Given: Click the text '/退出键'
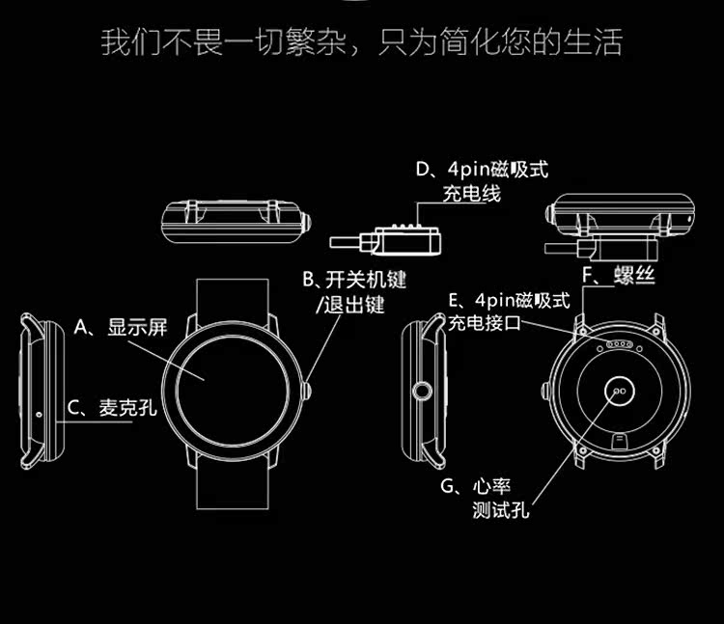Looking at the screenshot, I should pyautogui.click(x=350, y=306).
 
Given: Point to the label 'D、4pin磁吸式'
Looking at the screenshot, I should pyautogui.click(x=482, y=170).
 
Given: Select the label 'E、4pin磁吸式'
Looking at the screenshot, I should pyautogui.click(x=509, y=300).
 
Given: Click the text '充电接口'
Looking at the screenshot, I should pyautogui.click(x=484, y=323).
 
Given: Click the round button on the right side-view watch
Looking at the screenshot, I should pyautogui.click(x=422, y=391).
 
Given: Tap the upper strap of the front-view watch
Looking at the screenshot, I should pyautogui.click(x=231, y=301).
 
